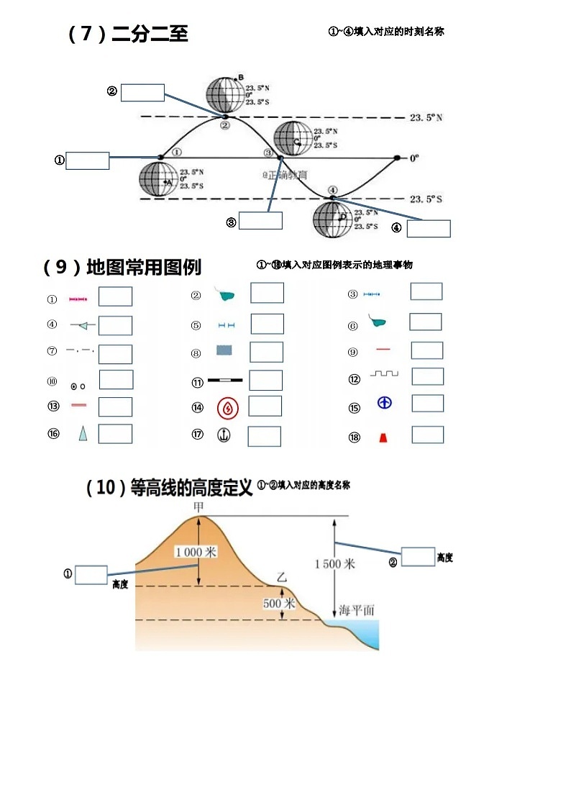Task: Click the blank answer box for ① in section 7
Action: [x=87, y=160]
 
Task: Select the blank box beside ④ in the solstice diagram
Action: [x=429, y=228]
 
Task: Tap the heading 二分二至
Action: [x=150, y=34]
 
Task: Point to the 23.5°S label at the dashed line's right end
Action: [x=426, y=199]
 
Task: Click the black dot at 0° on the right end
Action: [x=397, y=158]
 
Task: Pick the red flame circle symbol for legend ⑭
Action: [x=228, y=408]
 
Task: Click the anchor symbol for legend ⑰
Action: [x=224, y=435]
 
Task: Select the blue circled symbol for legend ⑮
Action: [x=385, y=403]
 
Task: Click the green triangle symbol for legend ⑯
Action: [x=83, y=433]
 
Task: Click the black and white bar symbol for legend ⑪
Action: [x=225, y=379]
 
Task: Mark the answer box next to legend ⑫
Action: [x=427, y=376]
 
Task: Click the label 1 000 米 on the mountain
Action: [x=196, y=552]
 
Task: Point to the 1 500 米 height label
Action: [x=334, y=564]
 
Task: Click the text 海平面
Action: [x=357, y=610]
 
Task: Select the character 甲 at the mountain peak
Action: [x=199, y=507]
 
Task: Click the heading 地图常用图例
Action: [x=144, y=267]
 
